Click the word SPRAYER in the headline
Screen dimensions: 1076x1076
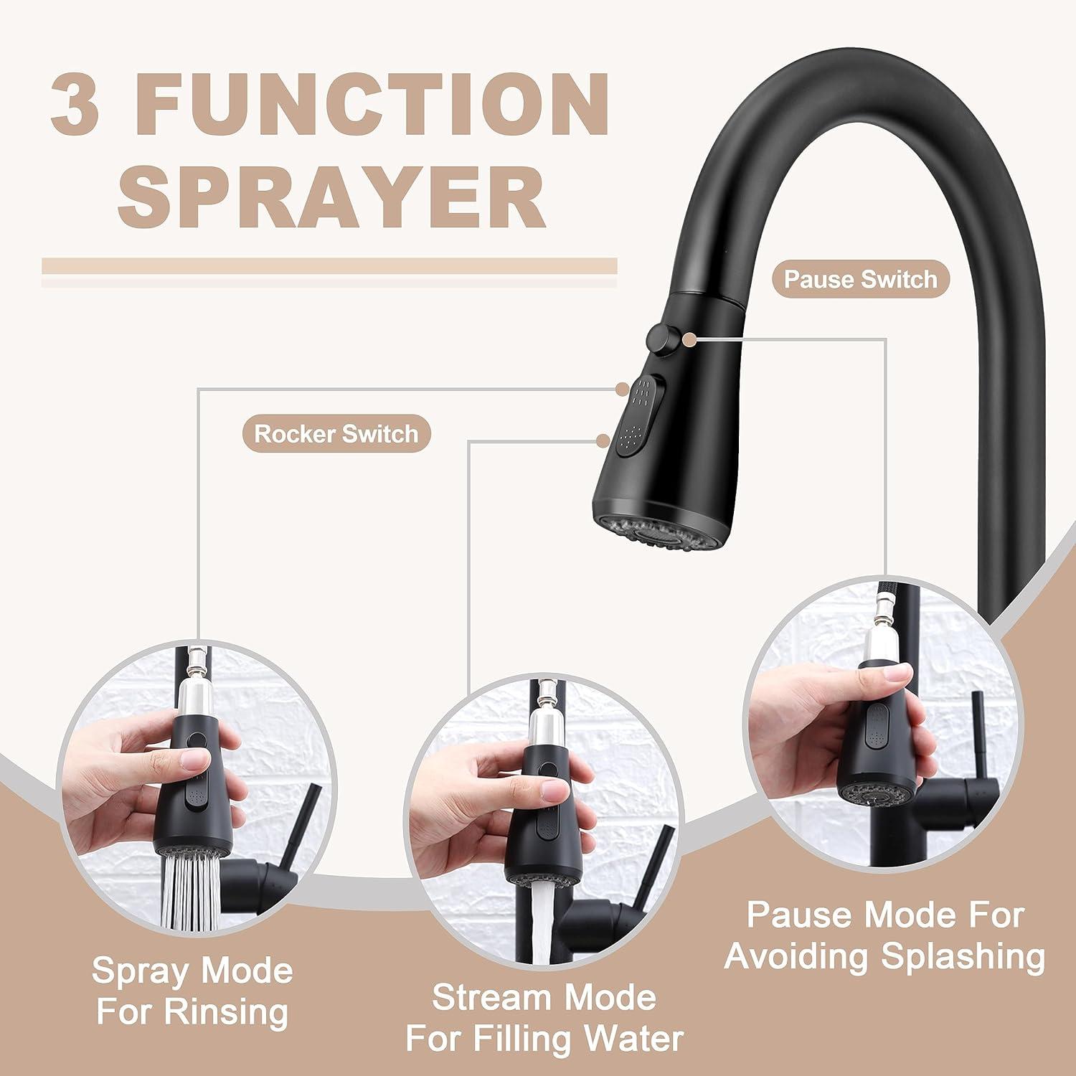coord(331,195)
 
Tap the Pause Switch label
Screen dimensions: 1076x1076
coord(860,279)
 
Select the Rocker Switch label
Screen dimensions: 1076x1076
coord(336,434)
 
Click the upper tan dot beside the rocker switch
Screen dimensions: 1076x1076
coord(623,390)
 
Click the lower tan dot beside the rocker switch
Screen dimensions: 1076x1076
coord(604,440)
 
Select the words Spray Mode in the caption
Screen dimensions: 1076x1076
coord(192,971)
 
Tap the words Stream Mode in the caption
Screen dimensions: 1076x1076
coord(544,997)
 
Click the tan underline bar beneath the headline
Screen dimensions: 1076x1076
coord(329,266)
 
